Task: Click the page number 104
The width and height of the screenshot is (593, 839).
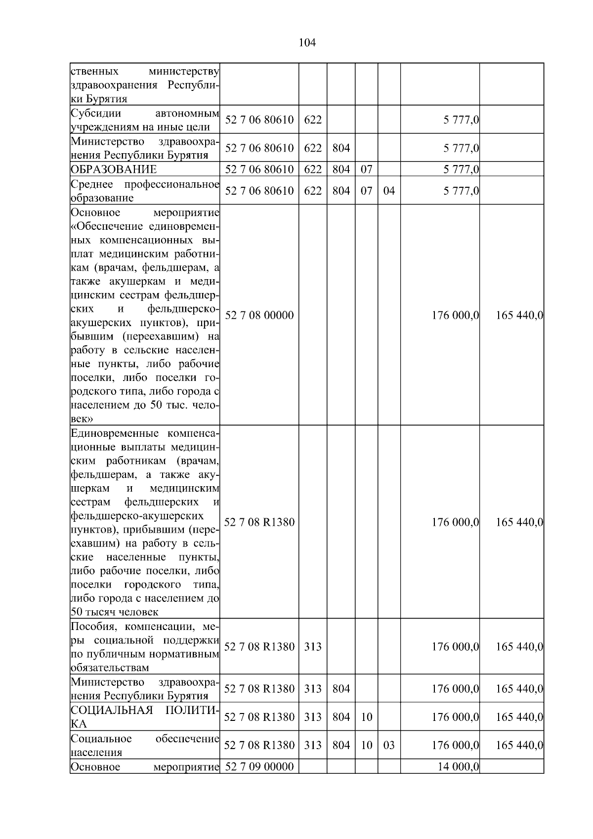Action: tap(307, 43)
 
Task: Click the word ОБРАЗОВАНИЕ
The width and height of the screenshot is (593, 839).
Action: tap(114, 169)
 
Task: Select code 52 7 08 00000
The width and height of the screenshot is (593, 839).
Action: tap(259, 315)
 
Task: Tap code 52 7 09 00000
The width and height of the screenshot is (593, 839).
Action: tap(259, 766)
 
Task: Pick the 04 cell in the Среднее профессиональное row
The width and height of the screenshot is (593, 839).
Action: tap(389, 191)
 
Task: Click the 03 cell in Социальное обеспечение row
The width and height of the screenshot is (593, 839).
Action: tap(389, 745)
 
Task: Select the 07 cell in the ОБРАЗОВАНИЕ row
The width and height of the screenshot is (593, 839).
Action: tap(366, 169)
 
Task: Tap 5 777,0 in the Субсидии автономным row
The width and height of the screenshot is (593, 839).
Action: tap(461, 120)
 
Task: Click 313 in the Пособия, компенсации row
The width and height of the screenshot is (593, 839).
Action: tap(312, 646)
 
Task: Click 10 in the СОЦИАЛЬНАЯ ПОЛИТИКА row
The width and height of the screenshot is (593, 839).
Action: tap(366, 717)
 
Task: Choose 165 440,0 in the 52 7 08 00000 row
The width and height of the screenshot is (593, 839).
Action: tap(519, 315)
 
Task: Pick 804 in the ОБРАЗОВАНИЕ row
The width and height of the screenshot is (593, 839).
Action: tap(341, 169)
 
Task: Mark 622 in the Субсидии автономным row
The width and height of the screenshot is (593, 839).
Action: tap(312, 120)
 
